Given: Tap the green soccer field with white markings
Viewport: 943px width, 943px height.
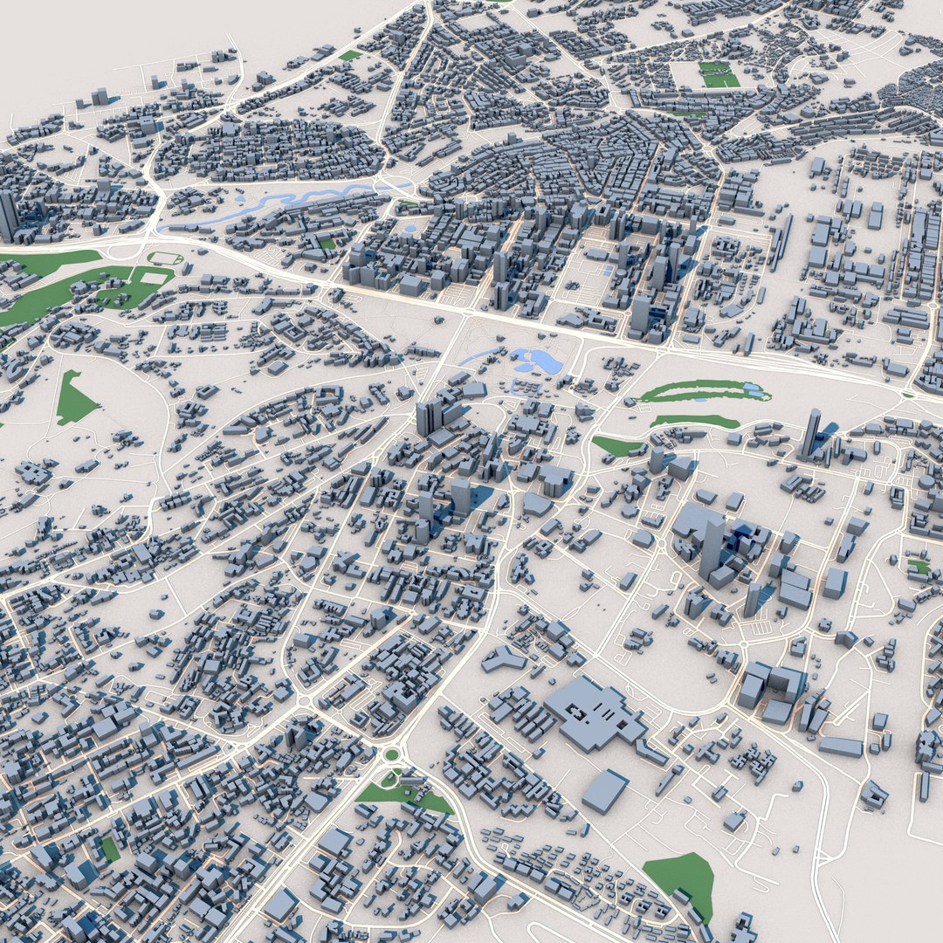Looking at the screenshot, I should coord(719,75).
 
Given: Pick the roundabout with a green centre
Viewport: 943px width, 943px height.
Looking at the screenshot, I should coord(392,754).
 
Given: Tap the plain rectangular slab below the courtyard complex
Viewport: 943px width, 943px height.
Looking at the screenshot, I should coord(604,790).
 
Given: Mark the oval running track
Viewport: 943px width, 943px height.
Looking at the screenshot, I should coord(165,258).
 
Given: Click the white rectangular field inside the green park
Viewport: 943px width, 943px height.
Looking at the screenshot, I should coord(154,279).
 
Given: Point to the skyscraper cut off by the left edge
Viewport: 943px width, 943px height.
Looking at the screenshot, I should coord(7,217).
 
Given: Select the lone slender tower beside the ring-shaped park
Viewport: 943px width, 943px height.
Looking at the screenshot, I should coord(811,434).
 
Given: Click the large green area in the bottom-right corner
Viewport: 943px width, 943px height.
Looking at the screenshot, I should coord(683,880).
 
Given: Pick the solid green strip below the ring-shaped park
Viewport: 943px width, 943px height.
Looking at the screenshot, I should coord(694,421).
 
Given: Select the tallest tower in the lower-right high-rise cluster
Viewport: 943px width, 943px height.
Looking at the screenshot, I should coord(712,547).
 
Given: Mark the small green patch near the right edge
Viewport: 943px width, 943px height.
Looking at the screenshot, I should coord(919,566).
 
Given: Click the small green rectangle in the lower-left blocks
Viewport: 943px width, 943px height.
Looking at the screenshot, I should coord(109,848).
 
